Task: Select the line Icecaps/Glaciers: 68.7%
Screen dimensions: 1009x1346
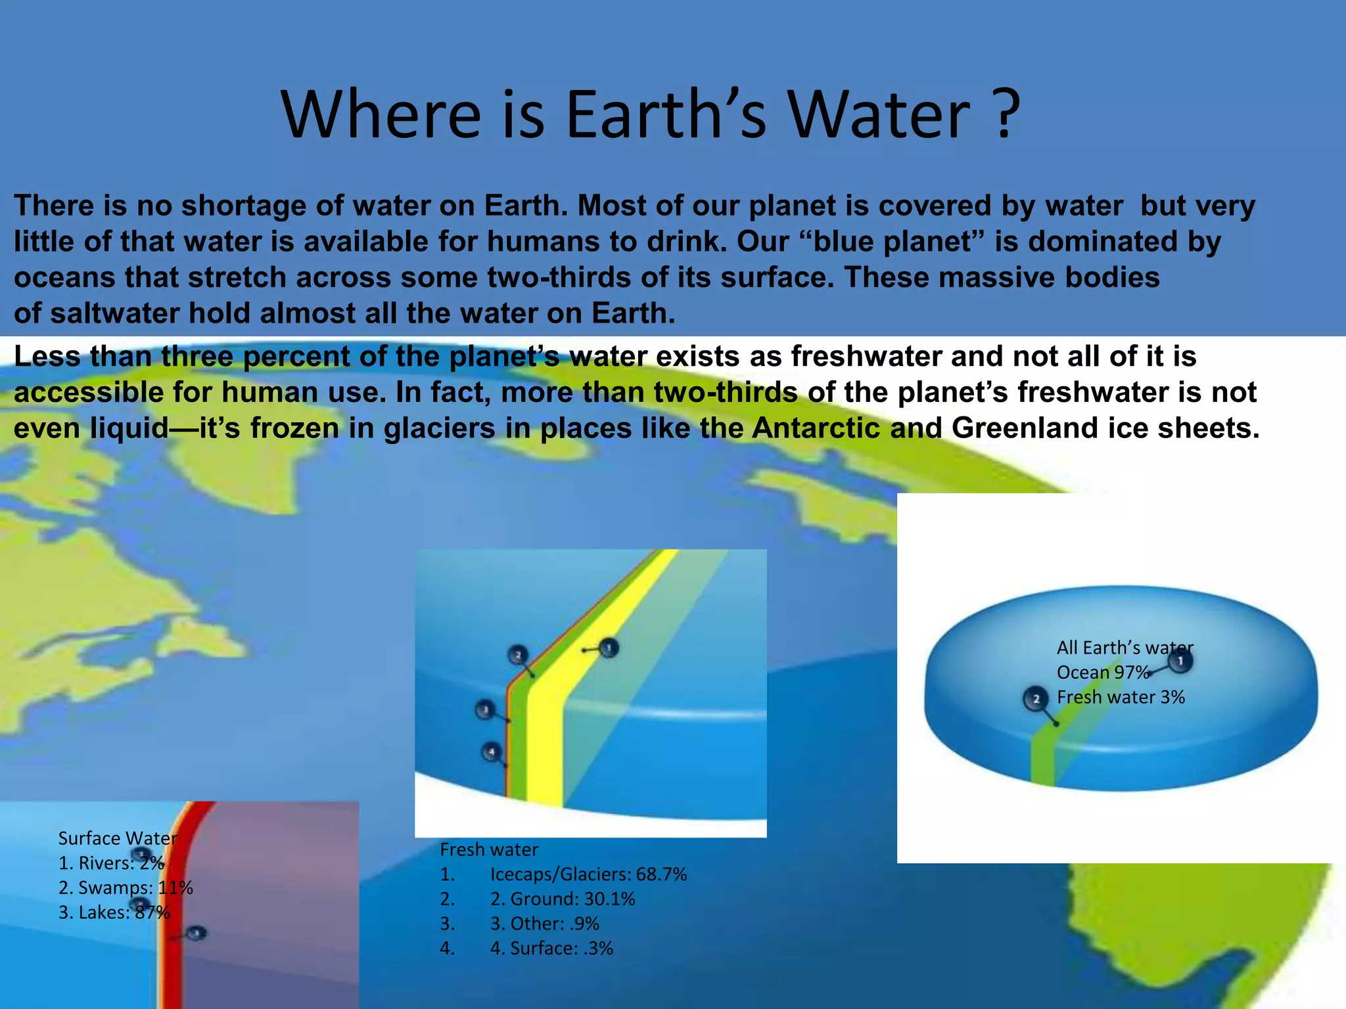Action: pyautogui.click(x=588, y=874)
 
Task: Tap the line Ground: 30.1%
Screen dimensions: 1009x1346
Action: pyautogui.click(x=563, y=899)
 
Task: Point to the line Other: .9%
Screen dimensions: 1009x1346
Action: pyautogui.click(x=544, y=924)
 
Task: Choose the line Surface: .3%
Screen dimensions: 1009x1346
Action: pyautogui.click(x=551, y=949)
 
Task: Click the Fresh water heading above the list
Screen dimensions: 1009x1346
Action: pyautogui.click(x=489, y=849)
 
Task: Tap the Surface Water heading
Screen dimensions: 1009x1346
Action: pyautogui.click(x=118, y=838)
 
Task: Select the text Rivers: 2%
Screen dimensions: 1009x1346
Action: pyautogui.click(x=111, y=863)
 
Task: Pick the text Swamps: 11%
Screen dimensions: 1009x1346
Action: pyautogui.click(x=126, y=887)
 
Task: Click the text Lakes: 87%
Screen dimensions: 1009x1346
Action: pyautogui.click(x=114, y=912)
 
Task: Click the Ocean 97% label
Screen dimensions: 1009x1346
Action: pyautogui.click(x=1102, y=672)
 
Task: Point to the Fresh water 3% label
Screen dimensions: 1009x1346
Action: pyautogui.click(x=1121, y=697)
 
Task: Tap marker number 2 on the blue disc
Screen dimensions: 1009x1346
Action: pyautogui.click(x=1036, y=699)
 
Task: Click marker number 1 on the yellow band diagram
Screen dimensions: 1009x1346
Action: pyautogui.click(x=609, y=648)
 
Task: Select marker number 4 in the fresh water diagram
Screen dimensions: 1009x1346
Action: pyautogui.click(x=491, y=751)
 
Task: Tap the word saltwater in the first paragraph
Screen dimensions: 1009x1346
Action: pyautogui.click(x=115, y=313)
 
